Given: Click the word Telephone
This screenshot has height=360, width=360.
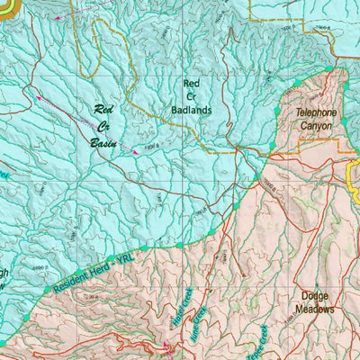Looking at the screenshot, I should [x=316, y=113].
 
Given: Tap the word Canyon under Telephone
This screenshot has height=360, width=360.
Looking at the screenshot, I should [x=316, y=126].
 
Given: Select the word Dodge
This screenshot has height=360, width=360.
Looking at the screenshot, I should [x=314, y=295].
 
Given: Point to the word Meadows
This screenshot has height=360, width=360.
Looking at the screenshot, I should [x=314, y=309].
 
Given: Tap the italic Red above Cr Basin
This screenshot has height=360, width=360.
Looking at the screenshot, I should [x=106, y=110].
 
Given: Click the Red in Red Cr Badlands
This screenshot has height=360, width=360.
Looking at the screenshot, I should [x=191, y=83].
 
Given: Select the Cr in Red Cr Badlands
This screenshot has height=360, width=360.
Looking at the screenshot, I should [x=190, y=96].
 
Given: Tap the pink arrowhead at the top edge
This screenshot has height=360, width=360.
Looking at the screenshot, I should [x=60, y=17].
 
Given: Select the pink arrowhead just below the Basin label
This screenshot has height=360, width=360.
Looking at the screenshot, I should [x=135, y=152].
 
